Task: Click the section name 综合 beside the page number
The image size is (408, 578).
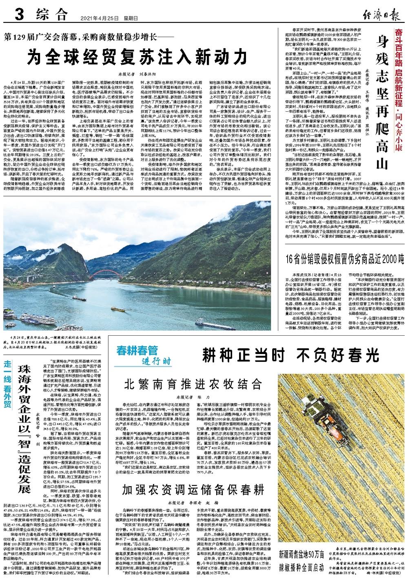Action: (51, 16)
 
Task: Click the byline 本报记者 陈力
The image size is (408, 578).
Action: (193, 397)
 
